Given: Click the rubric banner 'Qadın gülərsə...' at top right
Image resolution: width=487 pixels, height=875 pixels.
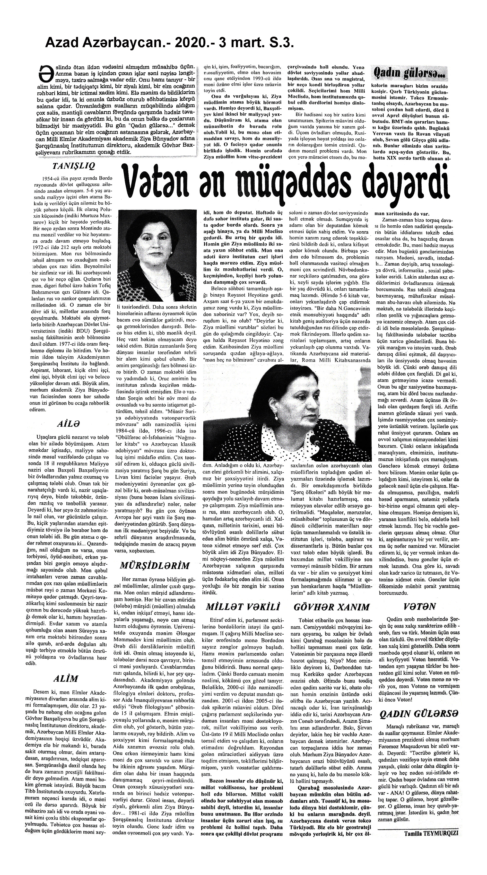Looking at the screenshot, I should (410, 72).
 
